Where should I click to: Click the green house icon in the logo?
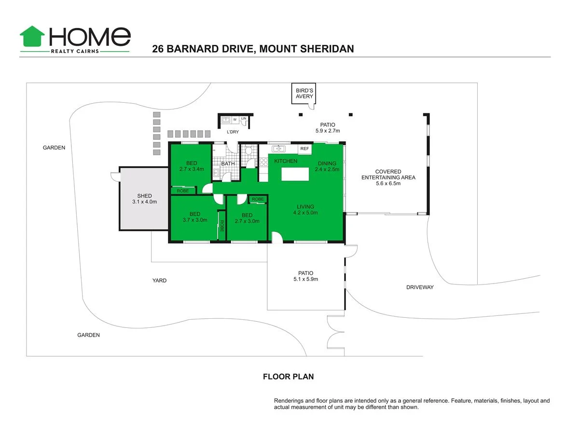(x=32, y=37)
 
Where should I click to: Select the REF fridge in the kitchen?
(x=304, y=149)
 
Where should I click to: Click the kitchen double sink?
(x=278, y=149)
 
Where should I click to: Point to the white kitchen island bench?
(x=295, y=174)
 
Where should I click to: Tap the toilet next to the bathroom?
(x=249, y=151)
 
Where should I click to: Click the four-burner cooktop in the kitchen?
(x=264, y=163)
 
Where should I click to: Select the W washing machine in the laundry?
(x=235, y=119)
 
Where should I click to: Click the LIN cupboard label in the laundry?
(x=244, y=119)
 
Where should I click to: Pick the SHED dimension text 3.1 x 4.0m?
(x=145, y=202)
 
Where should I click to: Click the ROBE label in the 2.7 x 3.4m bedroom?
(x=183, y=191)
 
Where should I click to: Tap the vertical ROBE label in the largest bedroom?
(x=222, y=226)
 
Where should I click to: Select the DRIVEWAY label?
(x=420, y=287)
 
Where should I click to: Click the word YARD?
(x=159, y=281)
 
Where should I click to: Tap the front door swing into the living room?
(x=277, y=237)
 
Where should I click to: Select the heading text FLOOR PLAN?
(x=288, y=377)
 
